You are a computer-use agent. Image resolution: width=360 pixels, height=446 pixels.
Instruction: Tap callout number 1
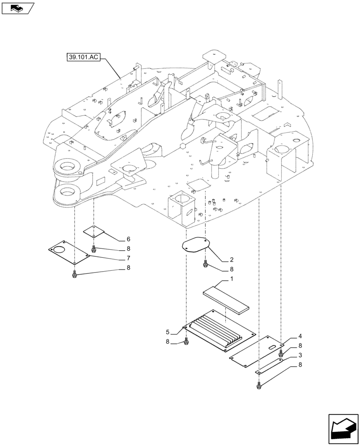pos(231,279)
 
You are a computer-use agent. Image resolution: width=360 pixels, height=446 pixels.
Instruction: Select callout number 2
pos(232,259)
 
